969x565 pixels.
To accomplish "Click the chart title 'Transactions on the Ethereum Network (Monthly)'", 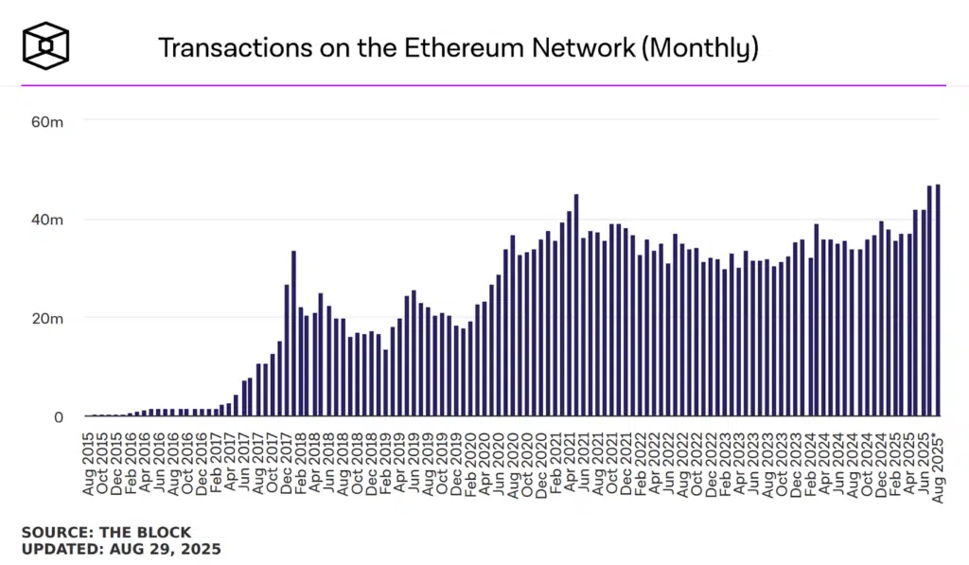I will point(458,47).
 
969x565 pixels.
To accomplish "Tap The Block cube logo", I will point(46,45).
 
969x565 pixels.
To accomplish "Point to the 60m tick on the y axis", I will point(46,121).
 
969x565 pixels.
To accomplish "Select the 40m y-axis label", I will point(46,220).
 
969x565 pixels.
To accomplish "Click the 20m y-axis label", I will point(46,318).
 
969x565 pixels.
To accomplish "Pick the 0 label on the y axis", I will point(58,416).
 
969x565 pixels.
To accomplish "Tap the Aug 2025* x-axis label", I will point(938,463).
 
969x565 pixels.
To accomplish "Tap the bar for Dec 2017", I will point(287,350).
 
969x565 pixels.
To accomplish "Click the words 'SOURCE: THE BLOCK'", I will point(106,532).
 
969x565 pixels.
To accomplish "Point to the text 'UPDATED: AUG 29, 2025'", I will point(121,549).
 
